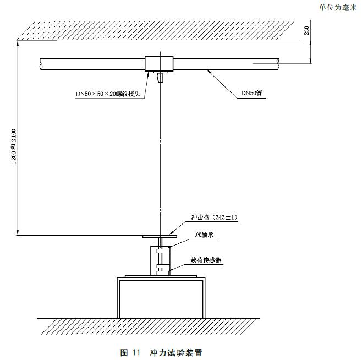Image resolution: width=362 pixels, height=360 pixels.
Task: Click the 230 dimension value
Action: coord(306,31)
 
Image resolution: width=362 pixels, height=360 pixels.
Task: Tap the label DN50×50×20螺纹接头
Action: coord(109,94)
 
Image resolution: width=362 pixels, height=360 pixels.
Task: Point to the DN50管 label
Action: coord(253,94)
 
